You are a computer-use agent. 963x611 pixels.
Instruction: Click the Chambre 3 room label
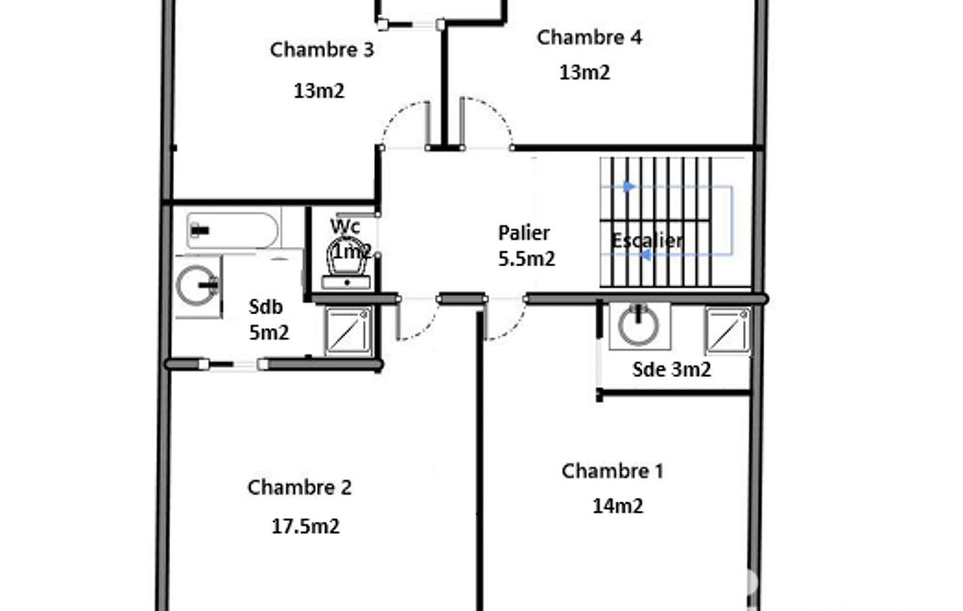tap(322, 50)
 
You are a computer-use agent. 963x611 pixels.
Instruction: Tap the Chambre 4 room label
tap(589, 38)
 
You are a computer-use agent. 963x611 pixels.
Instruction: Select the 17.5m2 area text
tap(305, 526)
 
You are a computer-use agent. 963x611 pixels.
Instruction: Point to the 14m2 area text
tap(617, 507)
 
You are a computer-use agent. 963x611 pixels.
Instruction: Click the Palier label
tap(524, 233)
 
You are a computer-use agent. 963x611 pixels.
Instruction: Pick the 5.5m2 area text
tap(526, 259)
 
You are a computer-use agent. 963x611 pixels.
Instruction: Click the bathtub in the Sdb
tap(232, 230)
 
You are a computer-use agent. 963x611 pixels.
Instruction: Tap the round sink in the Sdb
tap(197, 286)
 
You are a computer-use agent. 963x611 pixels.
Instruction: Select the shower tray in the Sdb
tap(349, 331)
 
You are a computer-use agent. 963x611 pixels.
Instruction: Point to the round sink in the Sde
tap(639, 324)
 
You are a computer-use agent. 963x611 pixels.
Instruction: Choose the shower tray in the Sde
tap(728, 331)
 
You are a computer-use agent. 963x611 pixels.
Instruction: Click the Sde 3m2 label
tap(671, 369)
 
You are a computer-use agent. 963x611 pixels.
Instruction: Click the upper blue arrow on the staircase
tap(629, 186)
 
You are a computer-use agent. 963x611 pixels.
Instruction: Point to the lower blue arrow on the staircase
tap(645, 255)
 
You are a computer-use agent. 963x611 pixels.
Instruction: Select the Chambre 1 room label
tap(613, 472)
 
